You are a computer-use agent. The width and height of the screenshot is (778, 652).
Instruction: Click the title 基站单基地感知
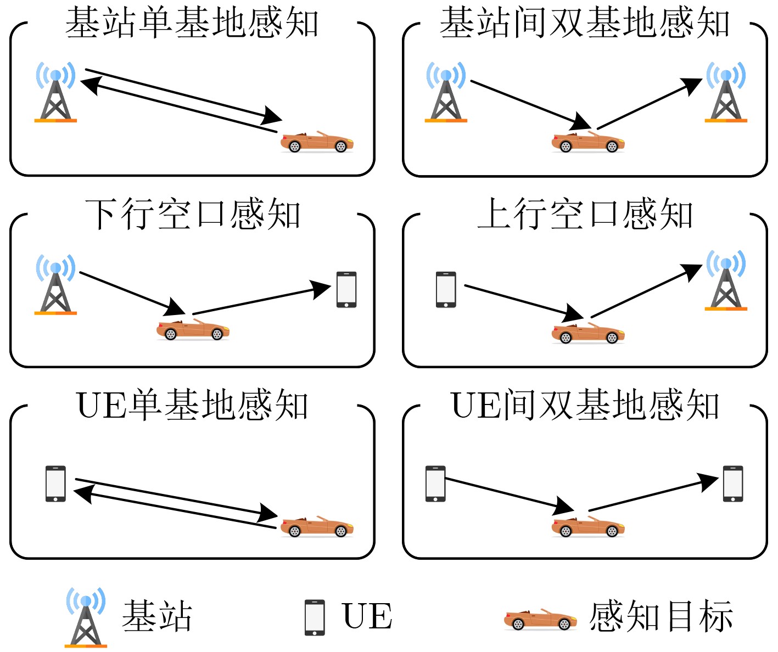click(x=192, y=23)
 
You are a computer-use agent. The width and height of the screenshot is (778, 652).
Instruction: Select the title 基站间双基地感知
click(x=585, y=23)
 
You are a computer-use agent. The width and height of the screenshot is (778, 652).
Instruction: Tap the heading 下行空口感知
click(x=192, y=214)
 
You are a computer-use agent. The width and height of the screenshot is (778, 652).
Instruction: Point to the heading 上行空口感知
click(x=585, y=214)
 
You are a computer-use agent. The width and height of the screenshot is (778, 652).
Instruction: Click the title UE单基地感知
click(x=192, y=406)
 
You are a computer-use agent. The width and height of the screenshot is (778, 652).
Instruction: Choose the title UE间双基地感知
click(x=585, y=406)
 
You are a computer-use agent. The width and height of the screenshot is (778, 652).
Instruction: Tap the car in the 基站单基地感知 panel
click(x=317, y=142)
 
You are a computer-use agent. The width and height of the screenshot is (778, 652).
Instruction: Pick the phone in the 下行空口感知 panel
click(x=346, y=289)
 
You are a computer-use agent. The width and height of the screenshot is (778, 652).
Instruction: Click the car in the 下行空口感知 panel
click(x=193, y=329)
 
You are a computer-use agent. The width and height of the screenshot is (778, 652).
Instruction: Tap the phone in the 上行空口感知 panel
click(x=446, y=289)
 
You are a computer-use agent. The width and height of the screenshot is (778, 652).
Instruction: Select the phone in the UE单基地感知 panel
click(x=55, y=484)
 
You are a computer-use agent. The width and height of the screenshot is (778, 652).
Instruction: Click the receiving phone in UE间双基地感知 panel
click(x=733, y=484)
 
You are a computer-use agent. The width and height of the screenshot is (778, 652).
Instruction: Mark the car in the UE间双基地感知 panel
click(x=588, y=526)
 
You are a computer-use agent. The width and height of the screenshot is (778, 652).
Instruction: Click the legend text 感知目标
click(x=661, y=616)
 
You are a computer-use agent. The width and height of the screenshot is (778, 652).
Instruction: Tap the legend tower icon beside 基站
click(x=86, y=617)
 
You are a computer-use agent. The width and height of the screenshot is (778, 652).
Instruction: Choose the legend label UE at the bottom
click(x=367, y=616)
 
